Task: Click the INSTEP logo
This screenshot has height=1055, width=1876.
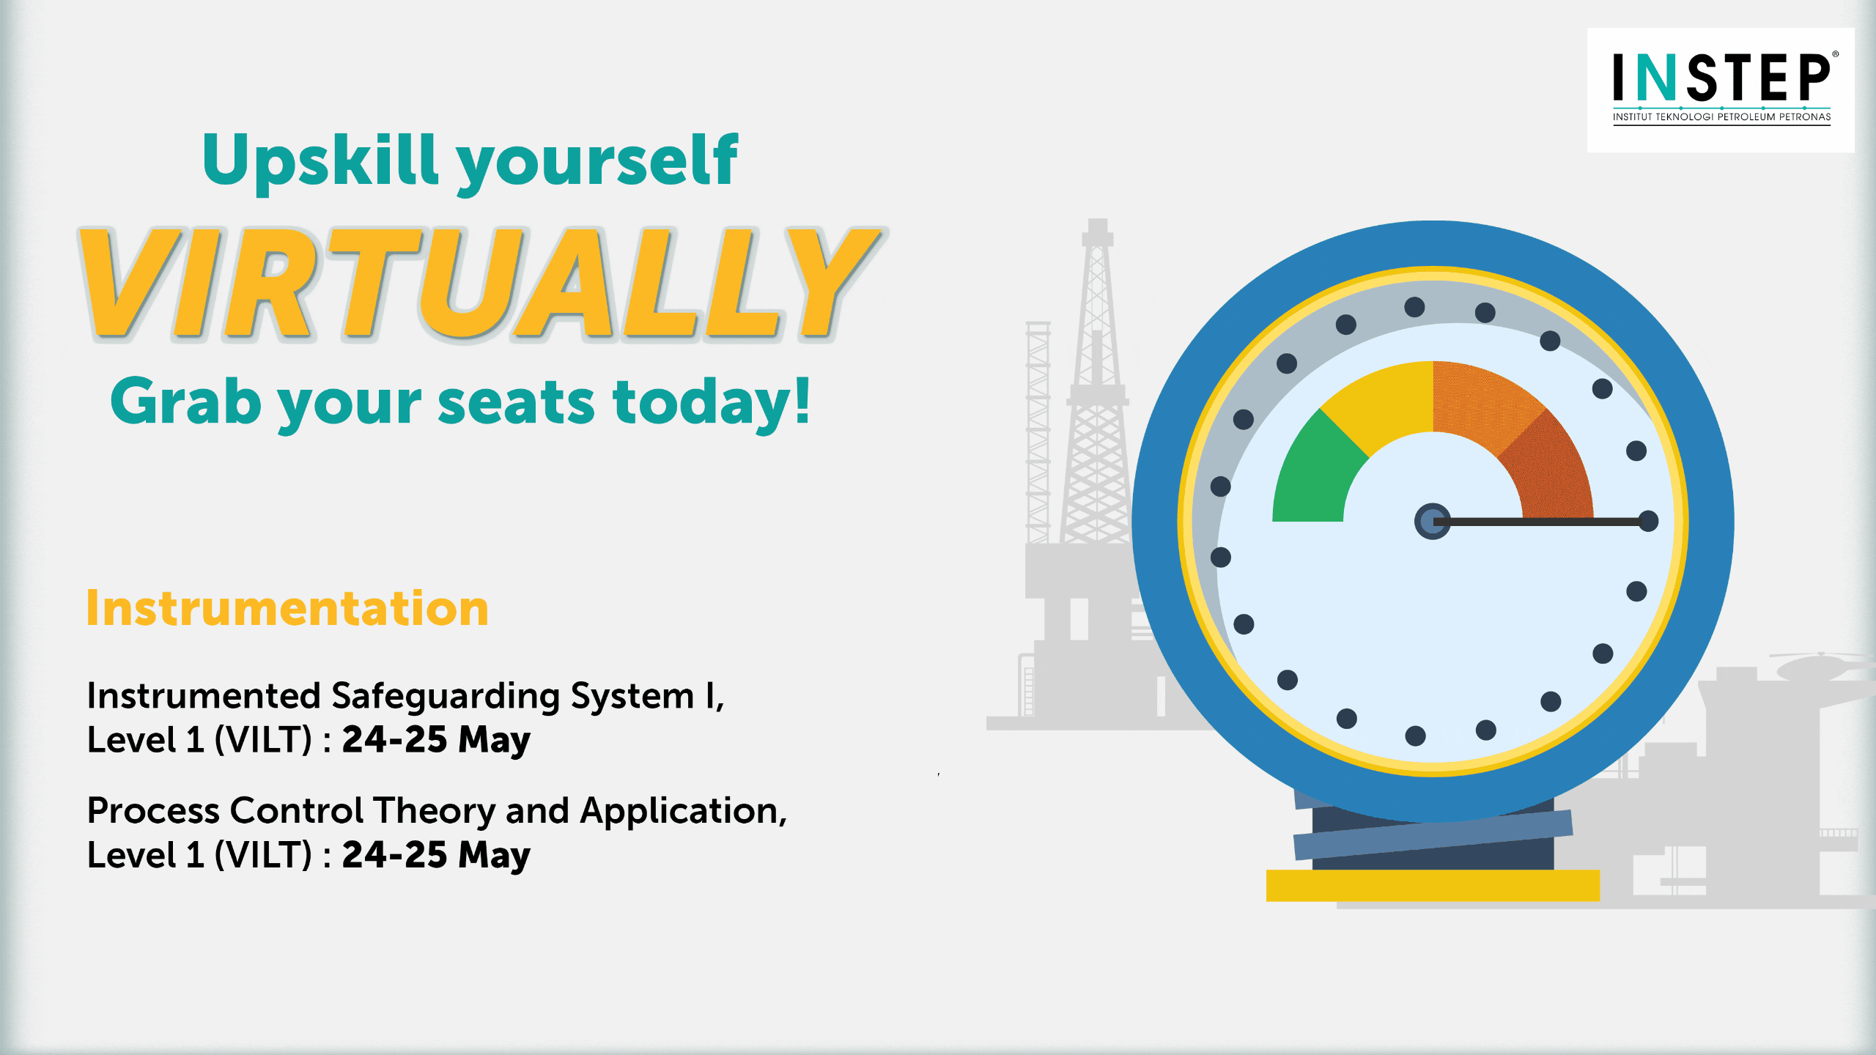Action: (x=1721, y=89)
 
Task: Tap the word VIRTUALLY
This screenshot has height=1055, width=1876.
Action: (x=481, y=284)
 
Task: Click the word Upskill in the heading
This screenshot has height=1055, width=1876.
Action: (x=320, y=160)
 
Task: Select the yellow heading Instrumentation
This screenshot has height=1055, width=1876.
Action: (x=287, y=608)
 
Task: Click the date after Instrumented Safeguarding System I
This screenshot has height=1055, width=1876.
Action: (x=436, y=740)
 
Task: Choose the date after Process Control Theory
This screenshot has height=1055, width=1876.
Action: (x=436, y=855)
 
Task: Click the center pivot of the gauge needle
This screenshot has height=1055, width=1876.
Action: (x=1432, y=522)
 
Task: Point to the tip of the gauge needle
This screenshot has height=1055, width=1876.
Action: (x=1649, y=522)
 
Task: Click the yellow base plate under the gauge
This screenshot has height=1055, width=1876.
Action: (x=1433, y=886)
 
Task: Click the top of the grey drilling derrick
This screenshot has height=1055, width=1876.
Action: (x=1097, y=221)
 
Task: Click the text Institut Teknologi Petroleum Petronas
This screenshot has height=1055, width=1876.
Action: (x=1721, y=116)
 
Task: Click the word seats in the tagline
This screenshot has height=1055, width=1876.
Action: (x=516, y=404)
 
